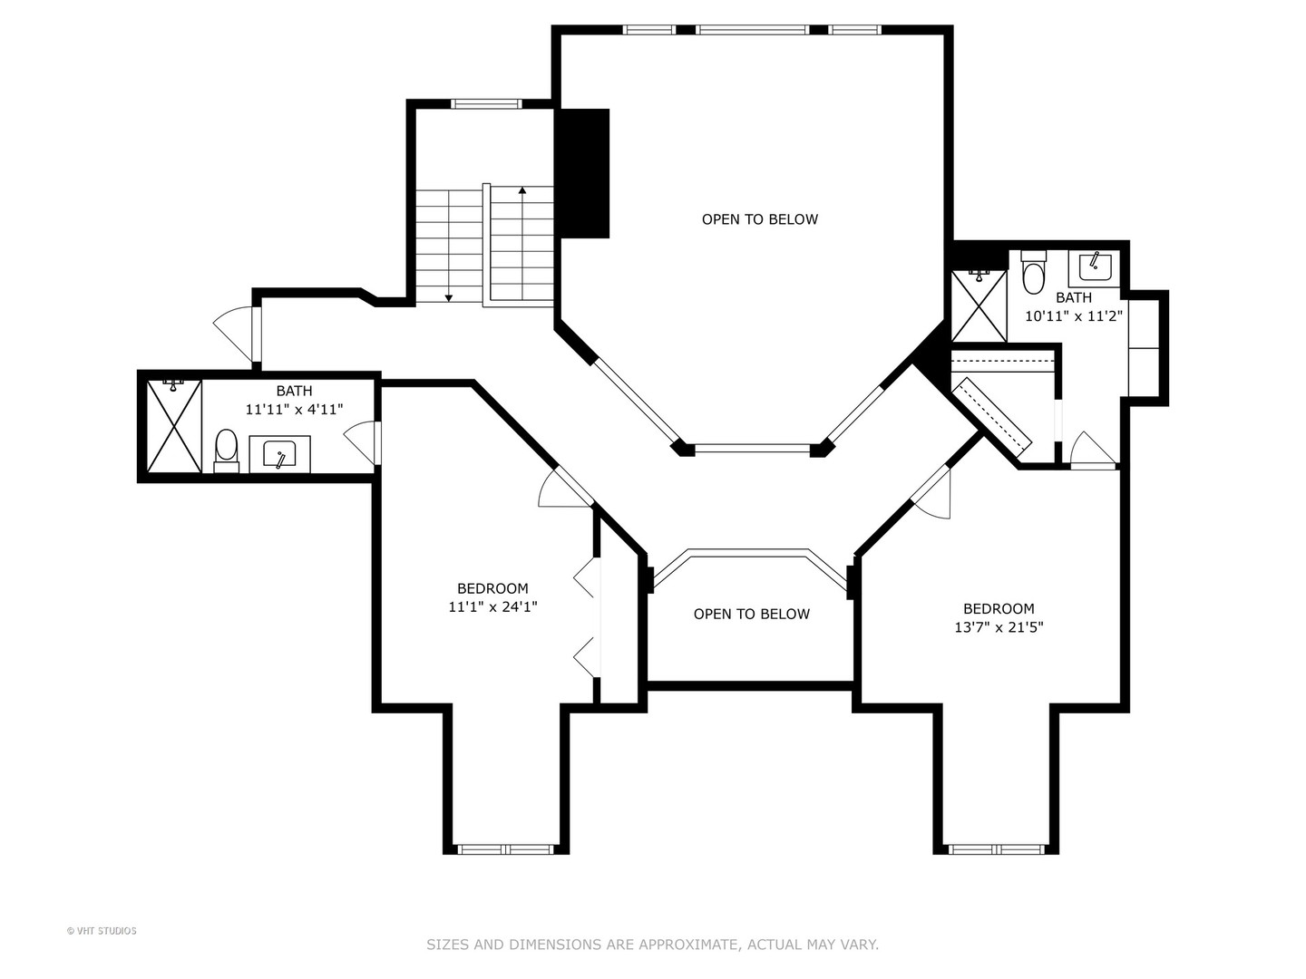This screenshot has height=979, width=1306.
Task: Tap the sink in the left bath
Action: pos(279,454)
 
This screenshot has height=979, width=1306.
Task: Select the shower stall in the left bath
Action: pos(174,426)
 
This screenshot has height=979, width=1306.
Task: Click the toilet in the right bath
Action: pos(1034,272)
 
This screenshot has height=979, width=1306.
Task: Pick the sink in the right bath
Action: pos(1094,268)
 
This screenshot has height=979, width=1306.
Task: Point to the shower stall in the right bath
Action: pos(979,306)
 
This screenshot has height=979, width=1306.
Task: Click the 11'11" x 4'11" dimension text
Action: pos(295,410)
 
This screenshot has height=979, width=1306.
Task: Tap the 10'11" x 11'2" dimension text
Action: pos(1073,316)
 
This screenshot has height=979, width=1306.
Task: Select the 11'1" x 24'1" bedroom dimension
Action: pos(492,607)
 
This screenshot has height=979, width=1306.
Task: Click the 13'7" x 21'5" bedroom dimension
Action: pos(999,627)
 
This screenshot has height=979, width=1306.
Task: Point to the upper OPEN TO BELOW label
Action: pos(760,219)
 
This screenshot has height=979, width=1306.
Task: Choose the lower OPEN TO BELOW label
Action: pos(752,614)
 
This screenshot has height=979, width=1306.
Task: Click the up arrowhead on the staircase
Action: pos(522,190)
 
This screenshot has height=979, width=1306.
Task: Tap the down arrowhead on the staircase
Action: pos(449,297)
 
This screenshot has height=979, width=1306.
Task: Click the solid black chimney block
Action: pos(582,173)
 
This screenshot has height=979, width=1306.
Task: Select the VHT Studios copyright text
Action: pos(102,931)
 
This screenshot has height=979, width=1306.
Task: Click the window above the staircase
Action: pos(486,104)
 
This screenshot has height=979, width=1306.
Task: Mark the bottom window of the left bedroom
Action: pos(506,850)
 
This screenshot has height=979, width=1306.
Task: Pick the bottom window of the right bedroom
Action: pos(996,850)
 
